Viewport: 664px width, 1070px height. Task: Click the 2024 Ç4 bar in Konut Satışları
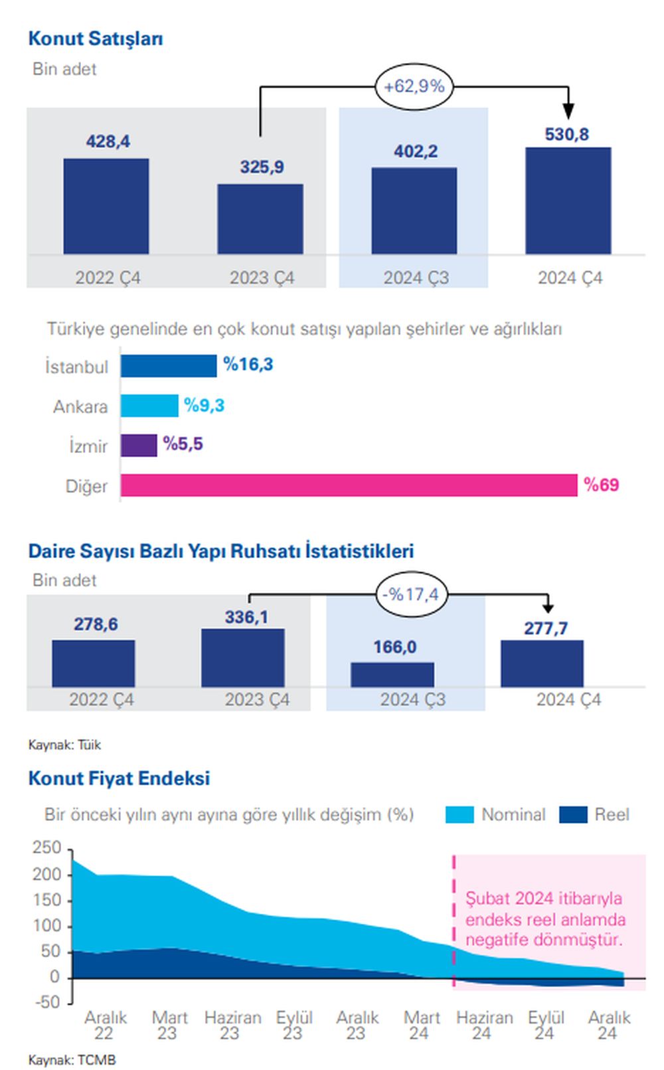(568, 201)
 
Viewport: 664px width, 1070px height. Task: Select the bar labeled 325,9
(260, 219)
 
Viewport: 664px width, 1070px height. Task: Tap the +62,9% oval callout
(414, 86)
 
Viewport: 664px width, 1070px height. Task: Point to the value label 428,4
(108, 141)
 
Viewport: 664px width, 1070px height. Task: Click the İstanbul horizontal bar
(169, 366)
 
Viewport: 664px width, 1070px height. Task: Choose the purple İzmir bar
(139, 445)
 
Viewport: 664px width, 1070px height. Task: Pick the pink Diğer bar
(349, 486)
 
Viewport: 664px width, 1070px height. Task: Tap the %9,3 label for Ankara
(204, 405)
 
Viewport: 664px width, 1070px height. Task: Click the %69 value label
(601, 485)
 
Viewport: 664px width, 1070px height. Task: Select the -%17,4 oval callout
(411, 594)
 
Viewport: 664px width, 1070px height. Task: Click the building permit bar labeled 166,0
(392, 675)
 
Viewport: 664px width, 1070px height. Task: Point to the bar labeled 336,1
(243, 658)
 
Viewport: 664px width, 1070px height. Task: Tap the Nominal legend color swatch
(459, 814)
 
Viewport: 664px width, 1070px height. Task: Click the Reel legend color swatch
(573, 814)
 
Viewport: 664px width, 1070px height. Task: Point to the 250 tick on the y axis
(46, 847)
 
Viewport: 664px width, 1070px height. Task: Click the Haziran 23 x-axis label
(232, 1025)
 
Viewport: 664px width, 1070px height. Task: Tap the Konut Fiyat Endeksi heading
(119, 778)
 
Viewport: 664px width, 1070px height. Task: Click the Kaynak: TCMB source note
(72, 1059)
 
